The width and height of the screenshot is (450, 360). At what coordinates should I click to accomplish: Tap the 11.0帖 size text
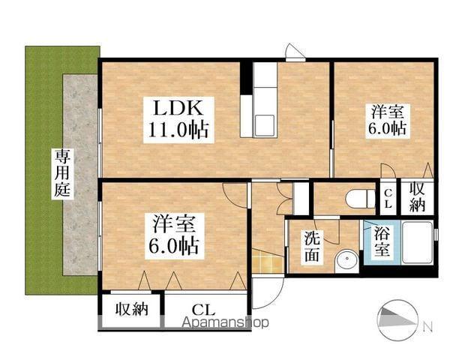177,130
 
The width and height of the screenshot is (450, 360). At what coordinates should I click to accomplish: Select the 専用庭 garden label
61,172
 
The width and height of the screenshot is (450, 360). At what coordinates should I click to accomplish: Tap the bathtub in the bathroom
416,242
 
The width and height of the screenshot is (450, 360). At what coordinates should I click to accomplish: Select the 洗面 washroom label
313,246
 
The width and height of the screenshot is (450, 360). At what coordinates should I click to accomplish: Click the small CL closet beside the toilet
388,199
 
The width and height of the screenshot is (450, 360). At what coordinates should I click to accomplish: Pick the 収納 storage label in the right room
417,196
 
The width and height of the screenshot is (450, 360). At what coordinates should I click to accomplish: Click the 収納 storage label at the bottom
130,308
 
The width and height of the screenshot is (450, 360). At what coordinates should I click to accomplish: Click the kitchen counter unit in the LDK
264,98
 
